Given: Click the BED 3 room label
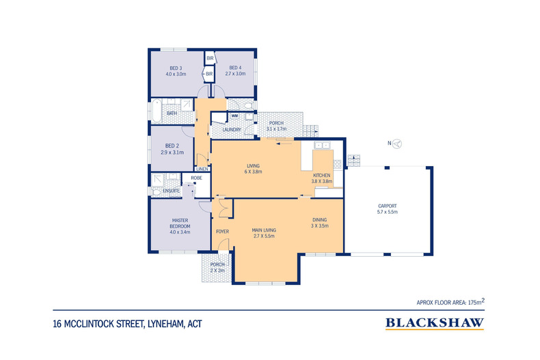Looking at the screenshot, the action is (x=176, y=68).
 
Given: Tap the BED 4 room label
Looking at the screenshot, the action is (x=235, y=68).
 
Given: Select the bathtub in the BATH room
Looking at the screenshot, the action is (x=157, y=111).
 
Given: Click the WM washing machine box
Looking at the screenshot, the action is (x=235, y=116).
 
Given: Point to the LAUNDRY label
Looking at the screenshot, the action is (x=232, y=130).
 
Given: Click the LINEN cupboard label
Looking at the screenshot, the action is (x=202, y=169).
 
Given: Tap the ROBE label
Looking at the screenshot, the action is (x=196, y=178).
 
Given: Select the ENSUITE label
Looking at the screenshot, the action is (x=171, y=191).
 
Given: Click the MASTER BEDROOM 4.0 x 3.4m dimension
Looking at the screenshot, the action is (x=180, y=232).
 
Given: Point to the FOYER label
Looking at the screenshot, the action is (x=222, y=232).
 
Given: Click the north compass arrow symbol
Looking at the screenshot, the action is (x=397, y=143).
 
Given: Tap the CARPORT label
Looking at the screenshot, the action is (x=388, y=206).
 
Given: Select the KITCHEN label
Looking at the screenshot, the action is (x=322, y=175).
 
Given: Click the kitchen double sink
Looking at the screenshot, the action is (x=322, y=146).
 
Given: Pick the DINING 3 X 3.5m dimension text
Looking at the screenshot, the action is (x=320, y=226).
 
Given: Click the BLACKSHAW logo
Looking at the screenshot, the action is (x=435, y=324).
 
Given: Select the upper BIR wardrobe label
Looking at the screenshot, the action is (x=210, y=59).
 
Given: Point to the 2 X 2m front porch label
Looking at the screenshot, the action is (x=217, y=271).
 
